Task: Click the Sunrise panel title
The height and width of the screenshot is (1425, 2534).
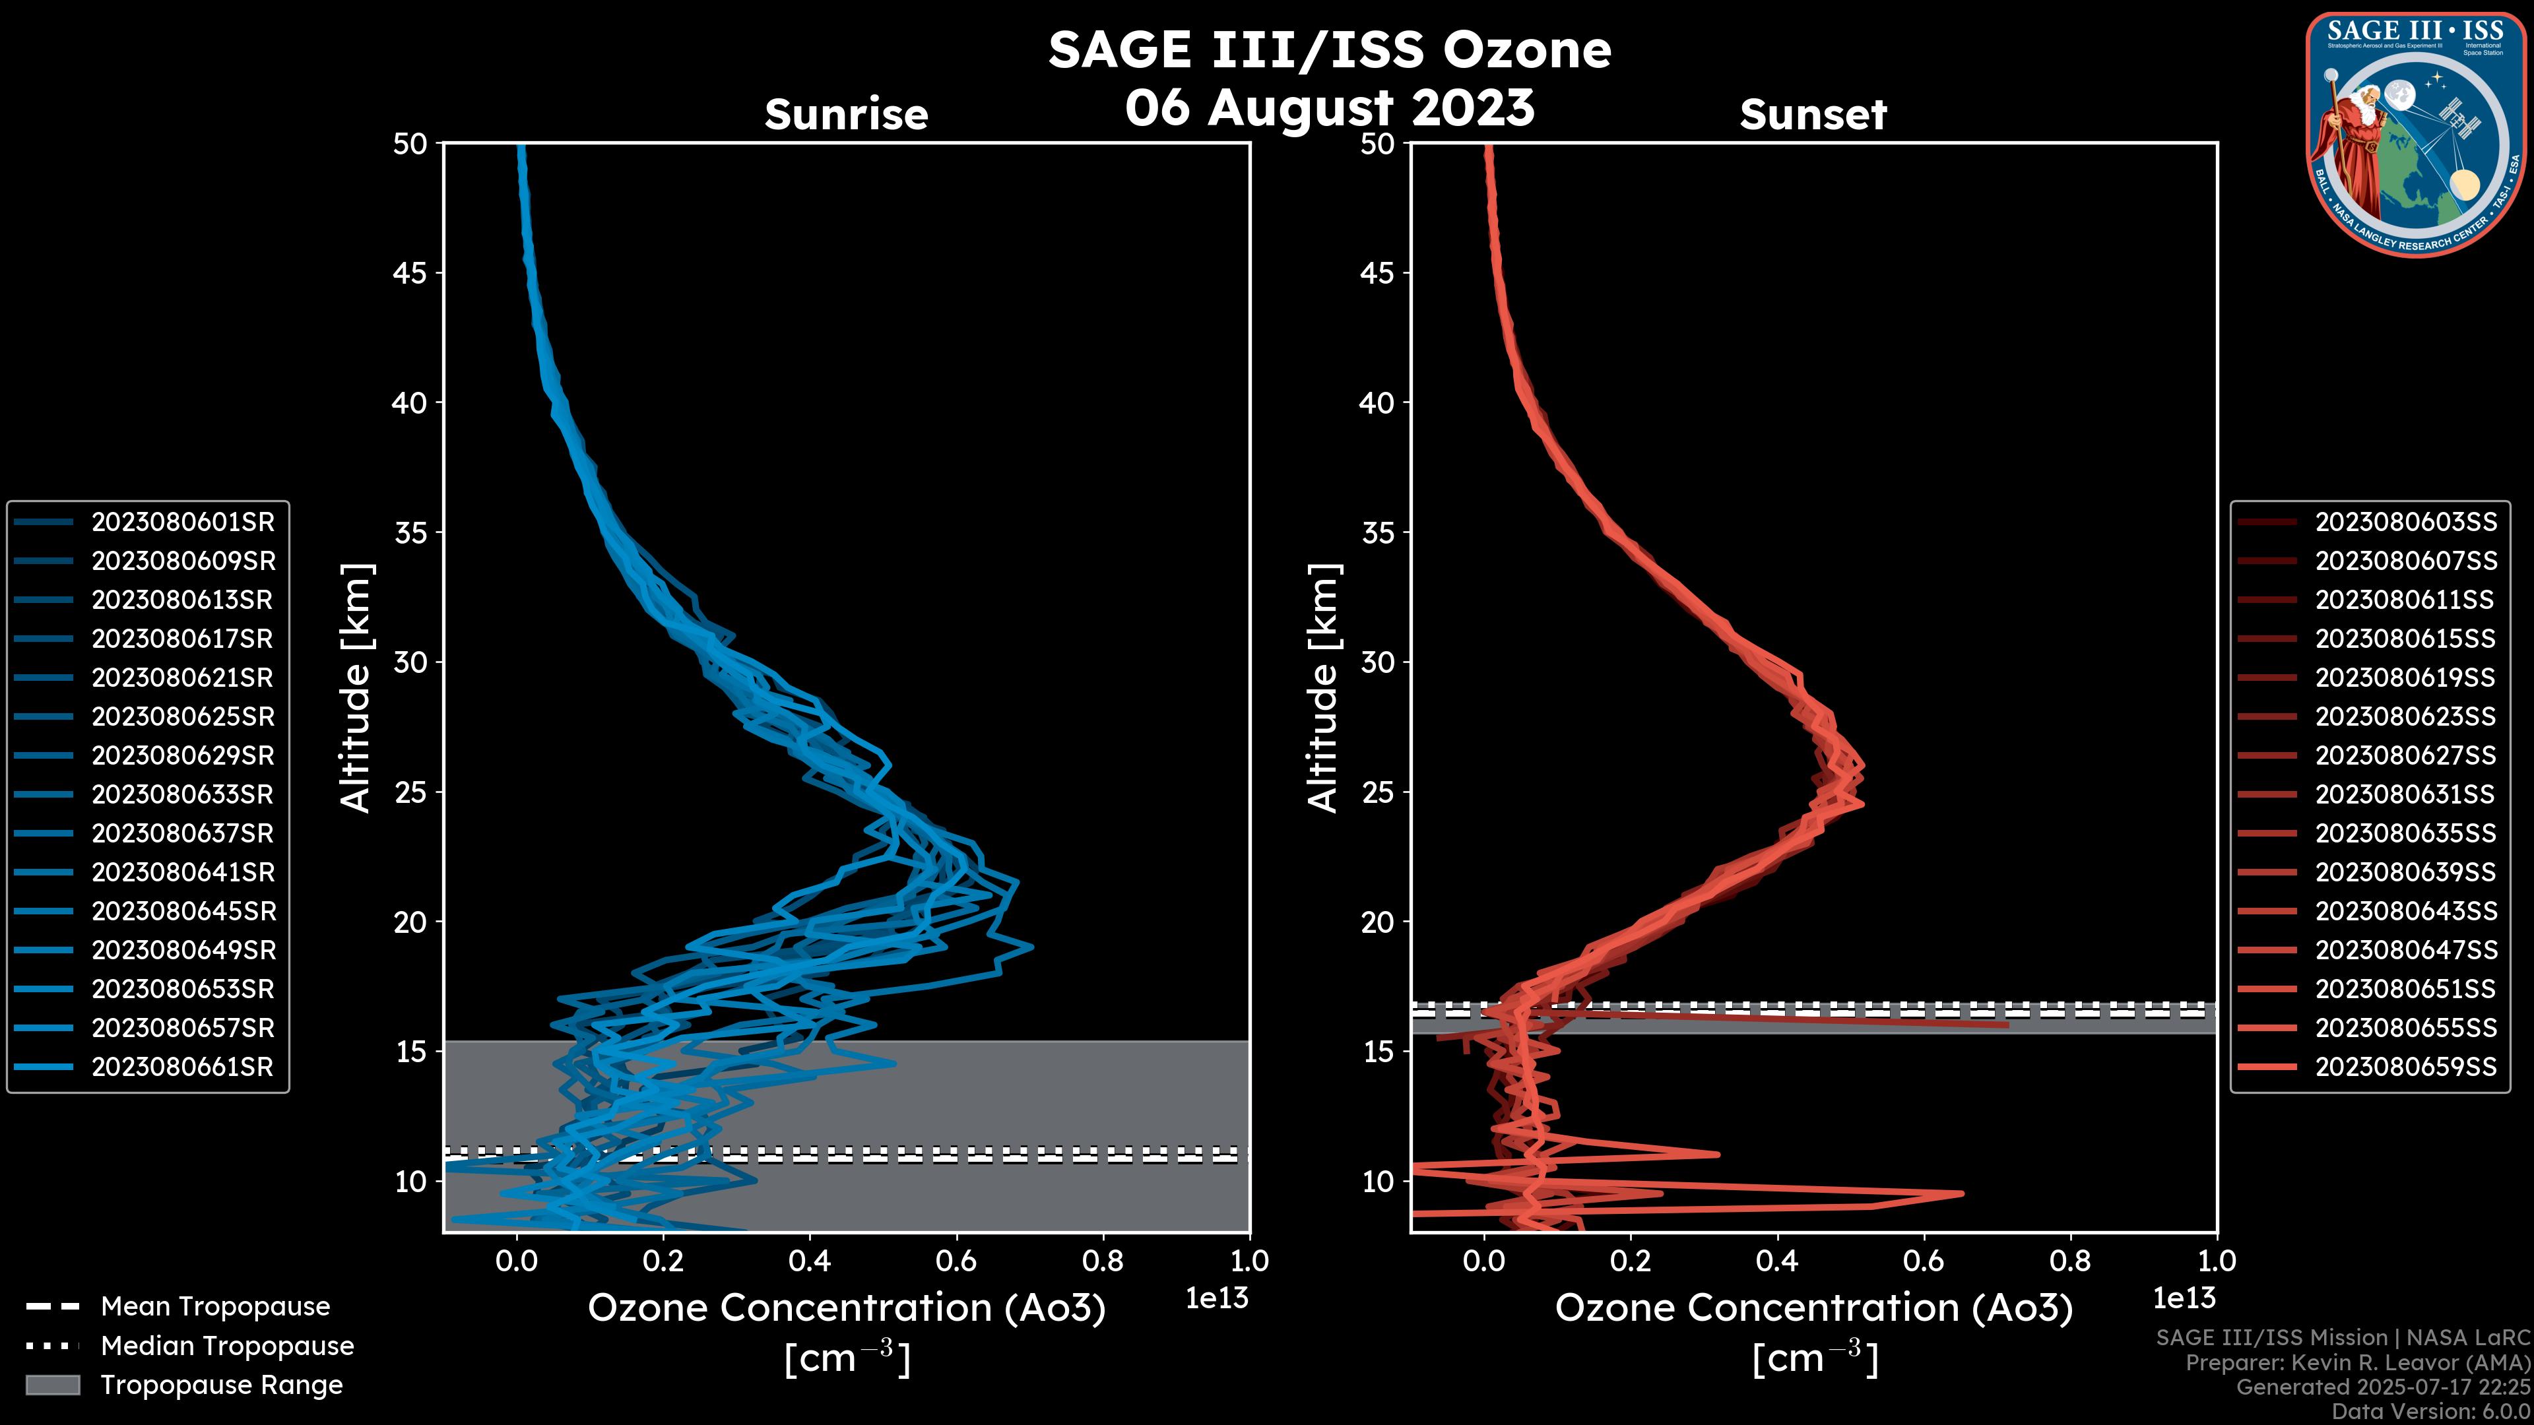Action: point(846,114)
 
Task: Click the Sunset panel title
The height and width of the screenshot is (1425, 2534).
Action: point(1813,114)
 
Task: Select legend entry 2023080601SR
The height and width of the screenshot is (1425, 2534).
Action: point(183,522)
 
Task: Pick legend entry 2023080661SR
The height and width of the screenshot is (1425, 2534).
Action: point(182,1067)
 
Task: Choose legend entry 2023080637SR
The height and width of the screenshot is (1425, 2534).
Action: point(182,833)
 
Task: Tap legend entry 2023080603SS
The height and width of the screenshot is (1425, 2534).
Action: point(2406,522)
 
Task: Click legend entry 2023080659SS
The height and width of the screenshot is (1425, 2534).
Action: point(2406,1067)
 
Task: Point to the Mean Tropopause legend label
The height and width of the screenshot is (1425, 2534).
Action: point(215,1306)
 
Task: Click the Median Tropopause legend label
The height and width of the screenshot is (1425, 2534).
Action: point(227,1345)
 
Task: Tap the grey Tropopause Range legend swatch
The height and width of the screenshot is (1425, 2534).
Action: point(52,1385)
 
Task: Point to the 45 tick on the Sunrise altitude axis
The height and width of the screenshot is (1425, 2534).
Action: point(410,272)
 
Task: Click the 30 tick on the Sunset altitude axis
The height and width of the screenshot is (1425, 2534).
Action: point(1378,662)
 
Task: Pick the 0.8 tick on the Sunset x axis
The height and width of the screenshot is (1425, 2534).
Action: point(2069,1260)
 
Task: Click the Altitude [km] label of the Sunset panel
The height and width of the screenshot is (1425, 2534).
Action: point(1323,687)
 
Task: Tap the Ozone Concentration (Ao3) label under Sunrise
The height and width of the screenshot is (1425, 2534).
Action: point(846,1308)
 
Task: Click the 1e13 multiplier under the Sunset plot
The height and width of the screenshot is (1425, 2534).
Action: point(2184,1298)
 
